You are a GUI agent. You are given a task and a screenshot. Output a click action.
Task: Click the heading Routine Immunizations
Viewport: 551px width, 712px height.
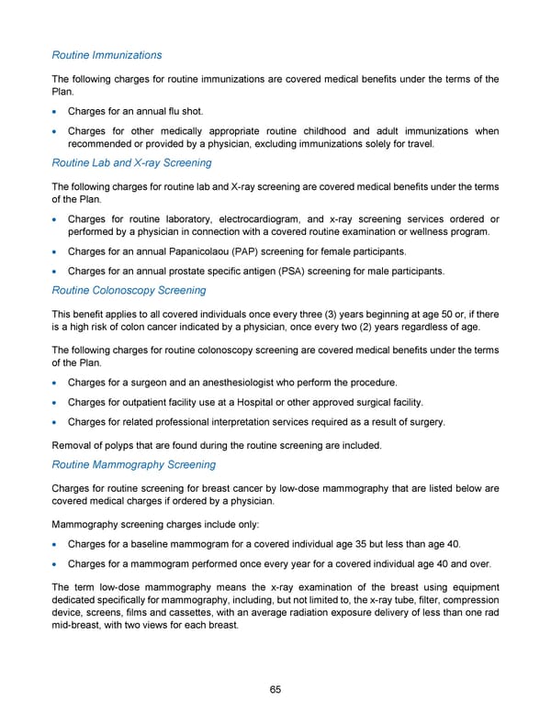coord(107,55)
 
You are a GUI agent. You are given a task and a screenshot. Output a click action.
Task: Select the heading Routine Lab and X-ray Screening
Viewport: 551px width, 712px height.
coord(131,162)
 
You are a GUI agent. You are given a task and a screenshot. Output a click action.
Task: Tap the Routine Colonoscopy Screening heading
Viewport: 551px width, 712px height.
coord(129,290)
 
